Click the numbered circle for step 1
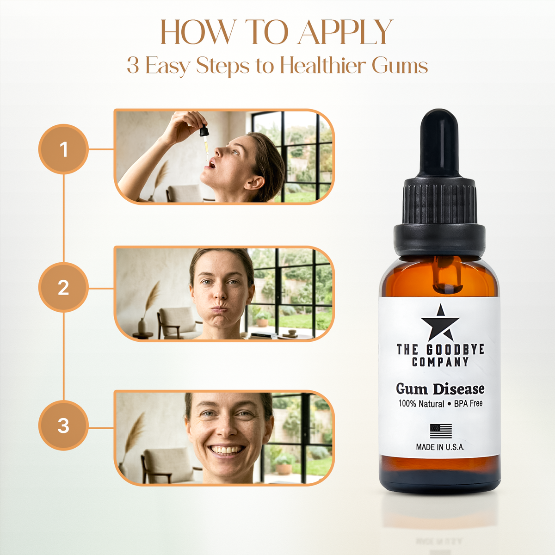click(63, 149)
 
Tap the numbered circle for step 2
click(63, 287)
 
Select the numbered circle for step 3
click(63, 425)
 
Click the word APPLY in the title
click(345, 32)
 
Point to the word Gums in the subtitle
click(400, 66)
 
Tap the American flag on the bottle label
click(441, 431)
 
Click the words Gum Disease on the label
click(440, 388)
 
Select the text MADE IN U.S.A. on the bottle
click(440, 447)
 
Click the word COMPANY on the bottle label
click(440, 362)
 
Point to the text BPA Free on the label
click(468, 403)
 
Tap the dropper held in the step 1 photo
click(205, 142)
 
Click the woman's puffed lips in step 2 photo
click(220, 309)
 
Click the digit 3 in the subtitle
click(133, 65)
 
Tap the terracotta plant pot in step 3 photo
click(284, 469)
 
